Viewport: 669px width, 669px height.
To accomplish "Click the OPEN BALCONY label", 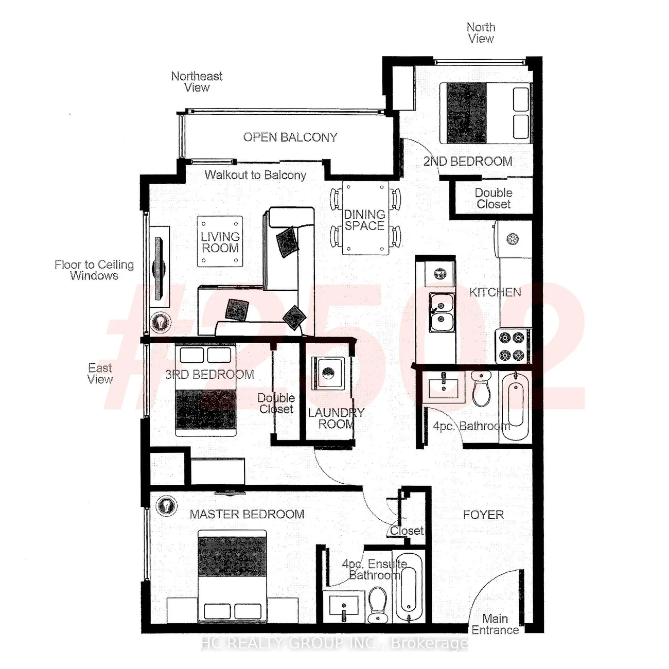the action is (x=290, y=137).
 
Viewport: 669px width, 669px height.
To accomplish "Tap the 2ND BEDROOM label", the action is (x=468, y=161).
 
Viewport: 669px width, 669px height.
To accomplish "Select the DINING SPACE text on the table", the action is (x=364, y=220).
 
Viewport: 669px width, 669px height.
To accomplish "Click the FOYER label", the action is (x=483, y=515).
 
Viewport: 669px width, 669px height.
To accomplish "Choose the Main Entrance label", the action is (x=495, y=624).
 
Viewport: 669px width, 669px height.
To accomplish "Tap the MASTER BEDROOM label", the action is (x=247, y=514).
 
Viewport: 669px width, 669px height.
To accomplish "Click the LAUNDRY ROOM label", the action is (x=336, y=418).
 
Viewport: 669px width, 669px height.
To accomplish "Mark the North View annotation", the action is (x=481, y=32).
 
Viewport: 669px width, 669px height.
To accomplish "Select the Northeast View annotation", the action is (x=197, y=82).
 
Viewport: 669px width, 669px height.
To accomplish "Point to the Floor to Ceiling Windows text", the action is (x=94, y=270).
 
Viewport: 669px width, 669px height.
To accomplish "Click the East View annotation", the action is (x=100, y=373).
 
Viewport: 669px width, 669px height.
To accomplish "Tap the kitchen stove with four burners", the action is (x=513, y=346).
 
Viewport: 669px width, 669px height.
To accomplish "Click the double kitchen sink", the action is (x=441, y=312).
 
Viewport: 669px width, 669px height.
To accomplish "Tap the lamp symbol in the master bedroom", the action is (x=166, y=505).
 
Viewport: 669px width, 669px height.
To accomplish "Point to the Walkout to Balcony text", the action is (x=255, y=174).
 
